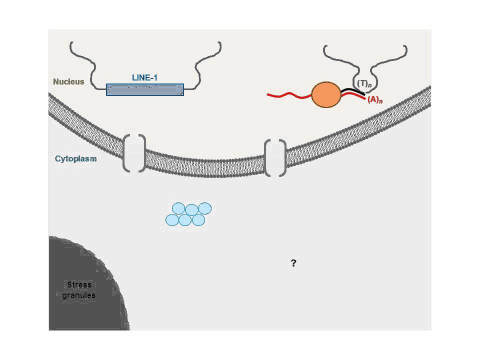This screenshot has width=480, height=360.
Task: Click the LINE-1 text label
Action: [144, 78]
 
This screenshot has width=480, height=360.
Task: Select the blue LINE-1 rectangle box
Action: [144, 89]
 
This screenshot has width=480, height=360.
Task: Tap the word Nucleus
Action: [69, 81]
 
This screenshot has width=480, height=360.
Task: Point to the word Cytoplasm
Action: [75, 159]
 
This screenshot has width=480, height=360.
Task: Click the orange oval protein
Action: [326, 94]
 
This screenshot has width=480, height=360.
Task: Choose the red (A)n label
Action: [375, 100]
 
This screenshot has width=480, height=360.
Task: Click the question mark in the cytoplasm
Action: [293, 263]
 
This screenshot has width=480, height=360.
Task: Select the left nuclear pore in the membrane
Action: [134, 153]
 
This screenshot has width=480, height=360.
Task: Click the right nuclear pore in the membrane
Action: [275, 158]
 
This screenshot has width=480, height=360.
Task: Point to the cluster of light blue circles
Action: [188, 214]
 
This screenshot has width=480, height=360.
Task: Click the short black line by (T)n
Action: [350, 91]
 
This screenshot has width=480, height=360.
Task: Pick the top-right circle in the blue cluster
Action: [205, 208]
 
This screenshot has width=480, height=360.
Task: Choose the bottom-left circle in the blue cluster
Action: [172, 219]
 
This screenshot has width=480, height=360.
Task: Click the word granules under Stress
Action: [79, 295]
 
